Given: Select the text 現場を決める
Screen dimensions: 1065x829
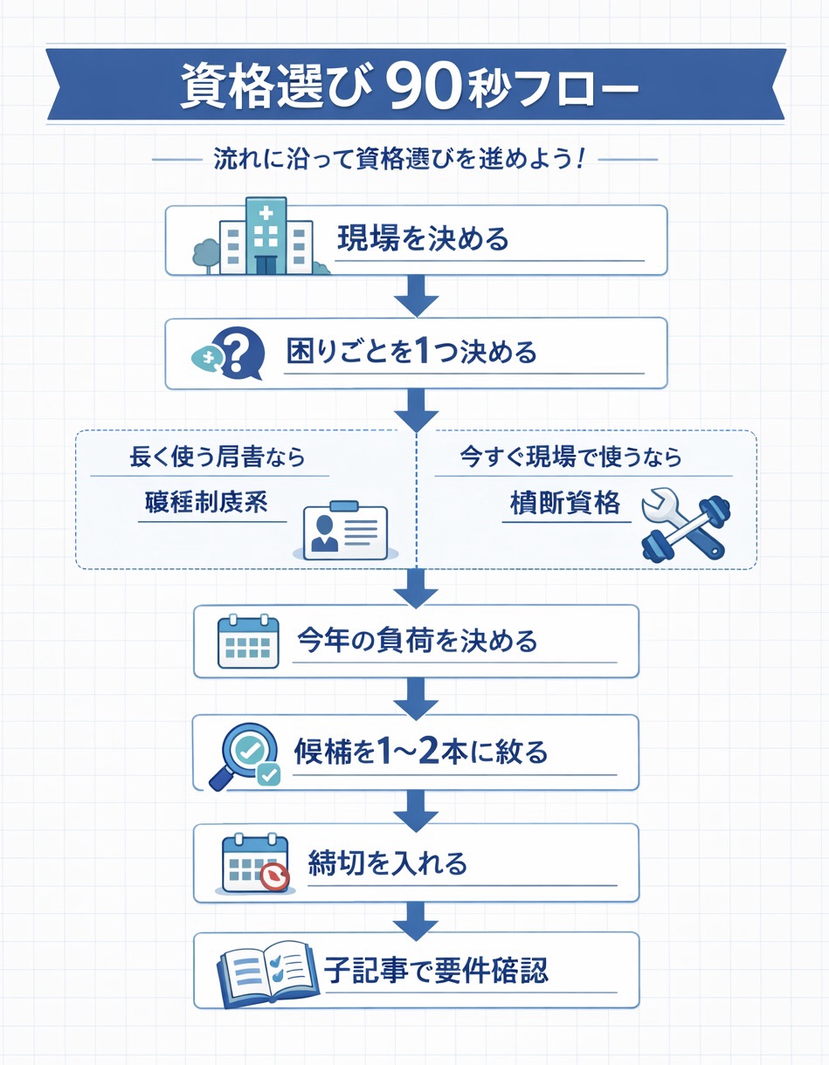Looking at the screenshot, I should click(422, 238).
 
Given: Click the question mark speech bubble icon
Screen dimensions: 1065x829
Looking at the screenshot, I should click(228, 354).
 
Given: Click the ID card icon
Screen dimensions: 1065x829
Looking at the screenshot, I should click(344, 529).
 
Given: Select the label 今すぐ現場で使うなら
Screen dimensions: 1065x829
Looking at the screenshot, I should click(570, 457).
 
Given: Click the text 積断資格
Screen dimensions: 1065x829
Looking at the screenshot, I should click(565, 503).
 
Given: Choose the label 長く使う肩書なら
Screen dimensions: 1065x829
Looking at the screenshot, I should click(218, 457).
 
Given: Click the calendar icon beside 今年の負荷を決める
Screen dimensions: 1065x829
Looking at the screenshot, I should click(247, 642).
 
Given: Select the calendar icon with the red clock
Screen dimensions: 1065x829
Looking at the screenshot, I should click(254, 864).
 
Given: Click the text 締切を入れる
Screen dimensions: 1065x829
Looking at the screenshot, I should click(388, 863).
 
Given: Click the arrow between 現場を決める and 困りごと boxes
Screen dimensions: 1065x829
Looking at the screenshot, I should click(416, 297).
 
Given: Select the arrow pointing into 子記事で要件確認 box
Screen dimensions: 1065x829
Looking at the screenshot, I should click(416, 917).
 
